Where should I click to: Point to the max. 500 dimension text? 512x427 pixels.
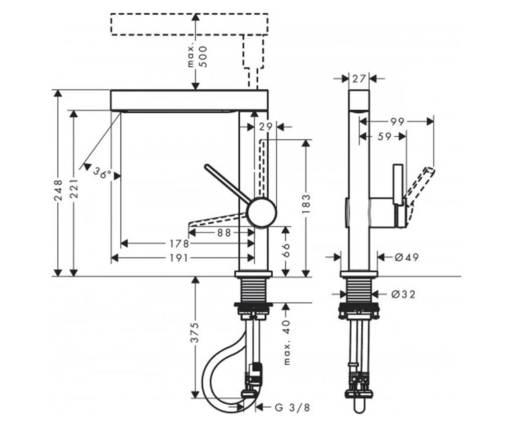(x=198, y=57)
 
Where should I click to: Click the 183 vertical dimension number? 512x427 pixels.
(x=306, y=203)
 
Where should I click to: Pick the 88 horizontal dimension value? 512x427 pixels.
(x=224, y=233)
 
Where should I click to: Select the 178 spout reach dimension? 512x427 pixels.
(x=179, y=244)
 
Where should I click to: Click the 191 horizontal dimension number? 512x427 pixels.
(x=178, y=258)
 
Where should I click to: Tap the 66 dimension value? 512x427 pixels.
(x=286, y=250)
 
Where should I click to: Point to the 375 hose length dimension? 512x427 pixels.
(x=195, y=333)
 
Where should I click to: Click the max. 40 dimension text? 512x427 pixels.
(x=286, y=342)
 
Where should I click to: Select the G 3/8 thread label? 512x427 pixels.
(x=292, y=408)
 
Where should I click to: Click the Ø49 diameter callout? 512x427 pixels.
(x=407, y=257)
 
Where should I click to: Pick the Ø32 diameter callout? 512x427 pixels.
(x=403, y=294)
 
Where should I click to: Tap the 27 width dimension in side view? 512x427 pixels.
(x=359, y=79)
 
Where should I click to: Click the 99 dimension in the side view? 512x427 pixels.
(x=397, y=122)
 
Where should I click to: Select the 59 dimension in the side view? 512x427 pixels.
(x=384, y=137)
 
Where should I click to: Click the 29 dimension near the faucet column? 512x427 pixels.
(x=266, y=127)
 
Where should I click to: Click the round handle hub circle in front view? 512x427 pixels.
(x=262, y=211)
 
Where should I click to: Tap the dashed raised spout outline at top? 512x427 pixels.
(x=189, y=24)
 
